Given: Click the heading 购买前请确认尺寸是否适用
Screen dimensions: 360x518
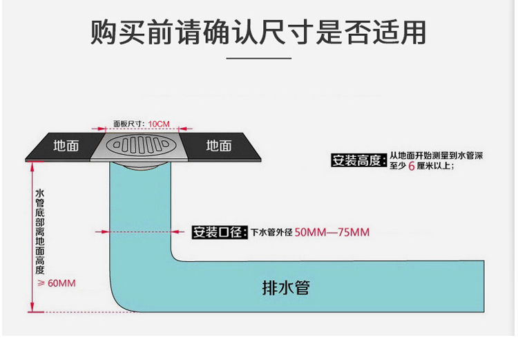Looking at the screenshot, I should click(x=258, y=32).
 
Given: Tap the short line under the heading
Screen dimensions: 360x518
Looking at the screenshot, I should click(x=259, y=59).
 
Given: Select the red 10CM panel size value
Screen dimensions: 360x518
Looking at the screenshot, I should click(x=158, y=124).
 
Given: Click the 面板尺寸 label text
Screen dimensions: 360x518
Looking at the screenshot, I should click(x=128, y=124).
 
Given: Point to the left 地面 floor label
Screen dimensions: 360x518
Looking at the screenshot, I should click(x=66, y=146).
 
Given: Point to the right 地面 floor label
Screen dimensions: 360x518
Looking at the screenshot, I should click(x=219, y=146).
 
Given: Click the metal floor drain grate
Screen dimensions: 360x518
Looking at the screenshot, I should click(x=144, y=146).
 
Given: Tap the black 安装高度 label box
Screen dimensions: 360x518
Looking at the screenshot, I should click(x=357, y=161).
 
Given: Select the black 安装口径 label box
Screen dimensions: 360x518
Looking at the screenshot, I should click(x=219, y=232).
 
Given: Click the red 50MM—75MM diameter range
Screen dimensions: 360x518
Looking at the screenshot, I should click(x=332, y=232).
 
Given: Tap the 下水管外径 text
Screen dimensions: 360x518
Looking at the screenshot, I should click(x=271, y=233).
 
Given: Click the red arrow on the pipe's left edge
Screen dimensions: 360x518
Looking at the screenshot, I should click(x=104, y=232).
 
